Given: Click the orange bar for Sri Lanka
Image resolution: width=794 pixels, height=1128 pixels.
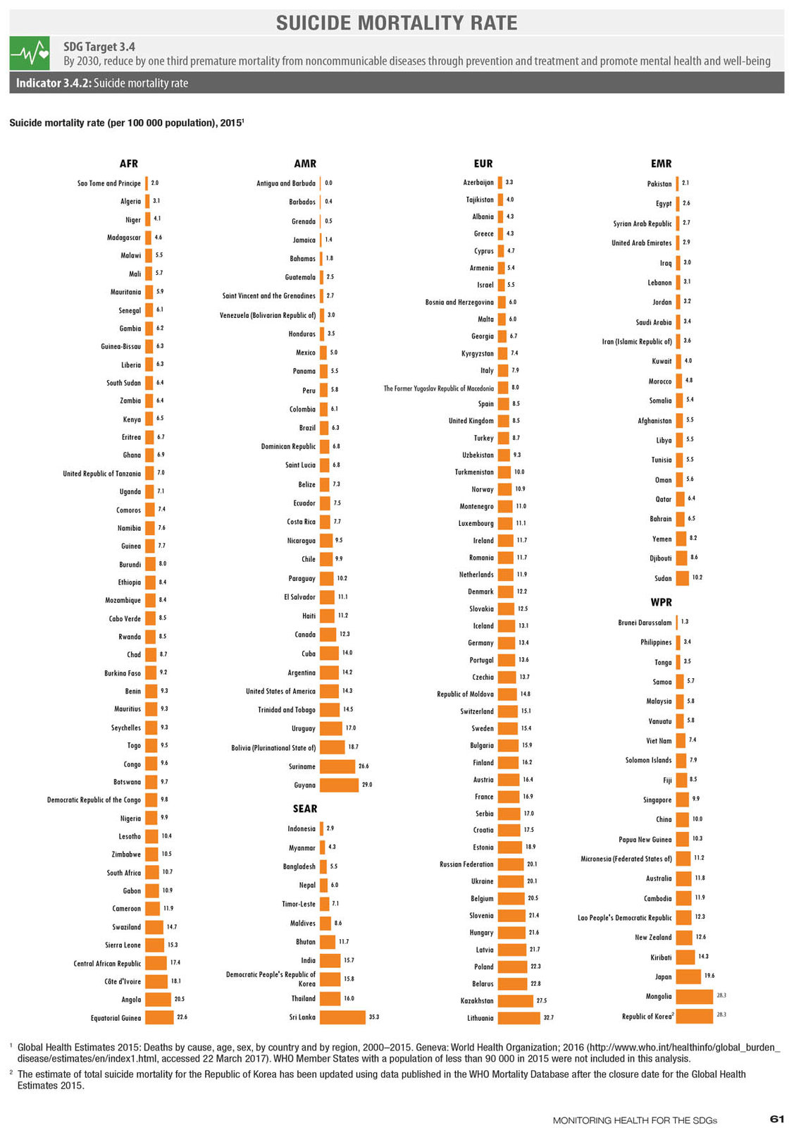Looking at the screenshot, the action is (342, 1017).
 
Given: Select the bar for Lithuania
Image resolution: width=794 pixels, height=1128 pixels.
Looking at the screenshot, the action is (519, 1018).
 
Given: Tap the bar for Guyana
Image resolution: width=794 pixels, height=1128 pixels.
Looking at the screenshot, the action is (339, 785).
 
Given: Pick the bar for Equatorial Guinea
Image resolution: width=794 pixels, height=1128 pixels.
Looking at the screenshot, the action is (159, 1017).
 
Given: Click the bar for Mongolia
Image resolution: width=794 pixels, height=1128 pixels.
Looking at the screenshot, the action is (695, 996).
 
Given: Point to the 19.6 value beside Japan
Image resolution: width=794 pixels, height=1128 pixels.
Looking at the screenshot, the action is (709, 976).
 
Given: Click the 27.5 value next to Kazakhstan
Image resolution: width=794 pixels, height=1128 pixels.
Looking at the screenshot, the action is (541, 1000).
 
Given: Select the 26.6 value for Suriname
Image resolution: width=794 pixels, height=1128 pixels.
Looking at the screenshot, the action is (364, 766).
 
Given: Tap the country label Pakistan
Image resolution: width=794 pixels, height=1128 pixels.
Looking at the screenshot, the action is (659, 184).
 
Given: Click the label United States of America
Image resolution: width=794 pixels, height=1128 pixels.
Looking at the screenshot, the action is (280, 691).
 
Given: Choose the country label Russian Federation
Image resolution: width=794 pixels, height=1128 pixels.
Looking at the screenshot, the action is (466, 864).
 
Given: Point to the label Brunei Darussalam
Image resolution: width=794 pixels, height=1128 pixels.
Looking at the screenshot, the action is (645, 623).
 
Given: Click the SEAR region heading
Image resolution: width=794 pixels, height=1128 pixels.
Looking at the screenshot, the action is (305, 808).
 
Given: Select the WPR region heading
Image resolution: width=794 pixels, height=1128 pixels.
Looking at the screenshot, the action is (661, 602).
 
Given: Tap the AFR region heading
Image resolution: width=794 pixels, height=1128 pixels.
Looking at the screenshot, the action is (129, 163).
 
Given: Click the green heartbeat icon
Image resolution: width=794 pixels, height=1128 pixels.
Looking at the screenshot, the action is (30, 53).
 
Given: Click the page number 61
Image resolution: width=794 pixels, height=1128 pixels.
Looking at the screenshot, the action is (777, 1118).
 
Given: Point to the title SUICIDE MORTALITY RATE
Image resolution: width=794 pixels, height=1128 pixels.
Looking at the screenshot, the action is (397, 23).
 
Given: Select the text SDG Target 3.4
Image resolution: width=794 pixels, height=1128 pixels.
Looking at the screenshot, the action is (99, 47).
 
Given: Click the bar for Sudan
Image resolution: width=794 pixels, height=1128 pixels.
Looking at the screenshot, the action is (682, 578).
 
